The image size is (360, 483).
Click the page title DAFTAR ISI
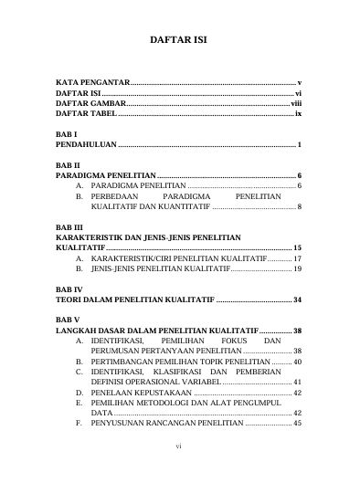click(x=180, y=41)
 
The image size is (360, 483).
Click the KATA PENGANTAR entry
click(x=92, y=82)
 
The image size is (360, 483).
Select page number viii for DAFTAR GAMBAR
click(x=296, y=105)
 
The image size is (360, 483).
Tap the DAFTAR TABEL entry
click(x=87, y=116)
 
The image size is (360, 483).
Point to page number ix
click(x=299, y=116)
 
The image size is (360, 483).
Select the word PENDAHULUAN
click(x=87, y=146)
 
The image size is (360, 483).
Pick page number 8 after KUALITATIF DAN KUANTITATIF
click(x=301, y=207)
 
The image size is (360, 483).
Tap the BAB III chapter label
click(x=69, y=226)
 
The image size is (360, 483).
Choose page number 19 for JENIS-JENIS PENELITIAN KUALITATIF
click(x=297, y=270)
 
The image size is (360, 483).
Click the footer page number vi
click(x=180, y=473)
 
